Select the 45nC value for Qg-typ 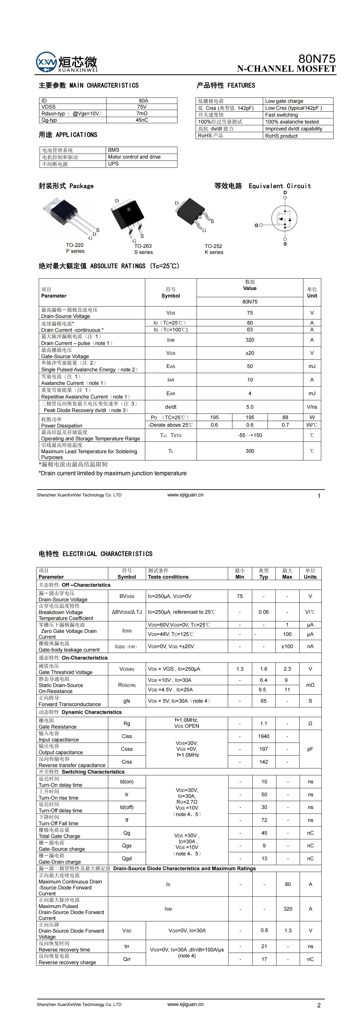coord(142,120)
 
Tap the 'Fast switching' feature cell coord(281,115)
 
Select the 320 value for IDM coord(250,340)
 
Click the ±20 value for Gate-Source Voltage coord(250,353)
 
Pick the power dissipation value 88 coord(285,417)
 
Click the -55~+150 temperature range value coord(250,435)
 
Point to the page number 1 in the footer coord(319,496)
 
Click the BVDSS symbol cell coord(127,596)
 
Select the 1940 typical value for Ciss coord(263,736)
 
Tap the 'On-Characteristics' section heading coord(85,658)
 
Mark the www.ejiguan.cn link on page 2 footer coord(185,1004)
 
